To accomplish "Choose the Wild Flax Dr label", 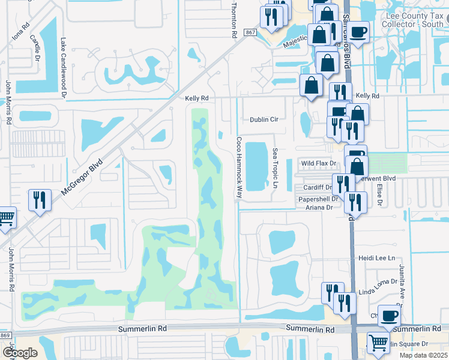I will coord(316,163).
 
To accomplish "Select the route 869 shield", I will coord(5,335).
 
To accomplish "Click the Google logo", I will coord(19,353).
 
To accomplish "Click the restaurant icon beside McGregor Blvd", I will coord(40,200).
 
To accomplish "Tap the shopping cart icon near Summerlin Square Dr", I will coord(378,344).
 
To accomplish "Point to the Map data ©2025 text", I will coord(423,355).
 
